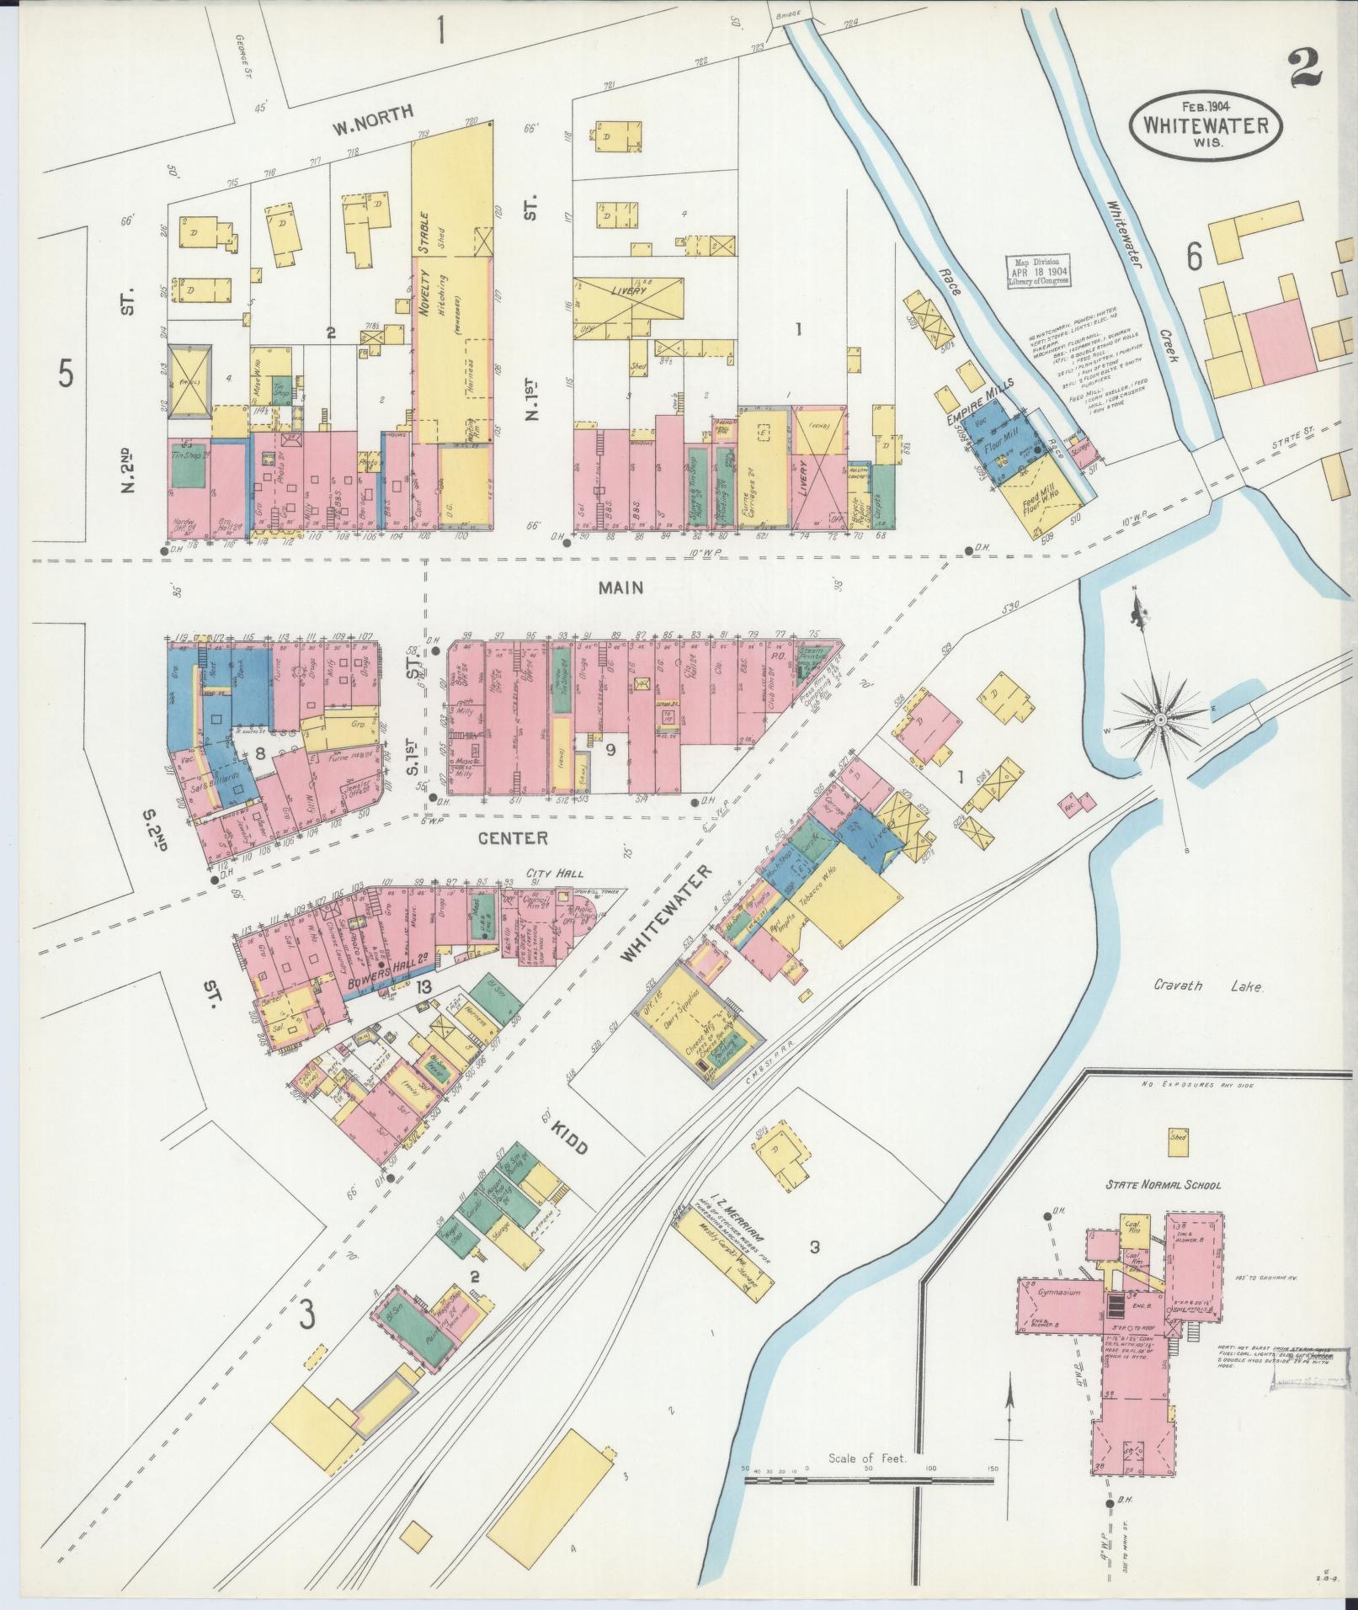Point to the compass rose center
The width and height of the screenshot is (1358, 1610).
click(x=1159, y=720)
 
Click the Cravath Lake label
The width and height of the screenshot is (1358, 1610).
click(x=1208, y=986)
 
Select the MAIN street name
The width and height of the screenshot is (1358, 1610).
click(x=621, y=587)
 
